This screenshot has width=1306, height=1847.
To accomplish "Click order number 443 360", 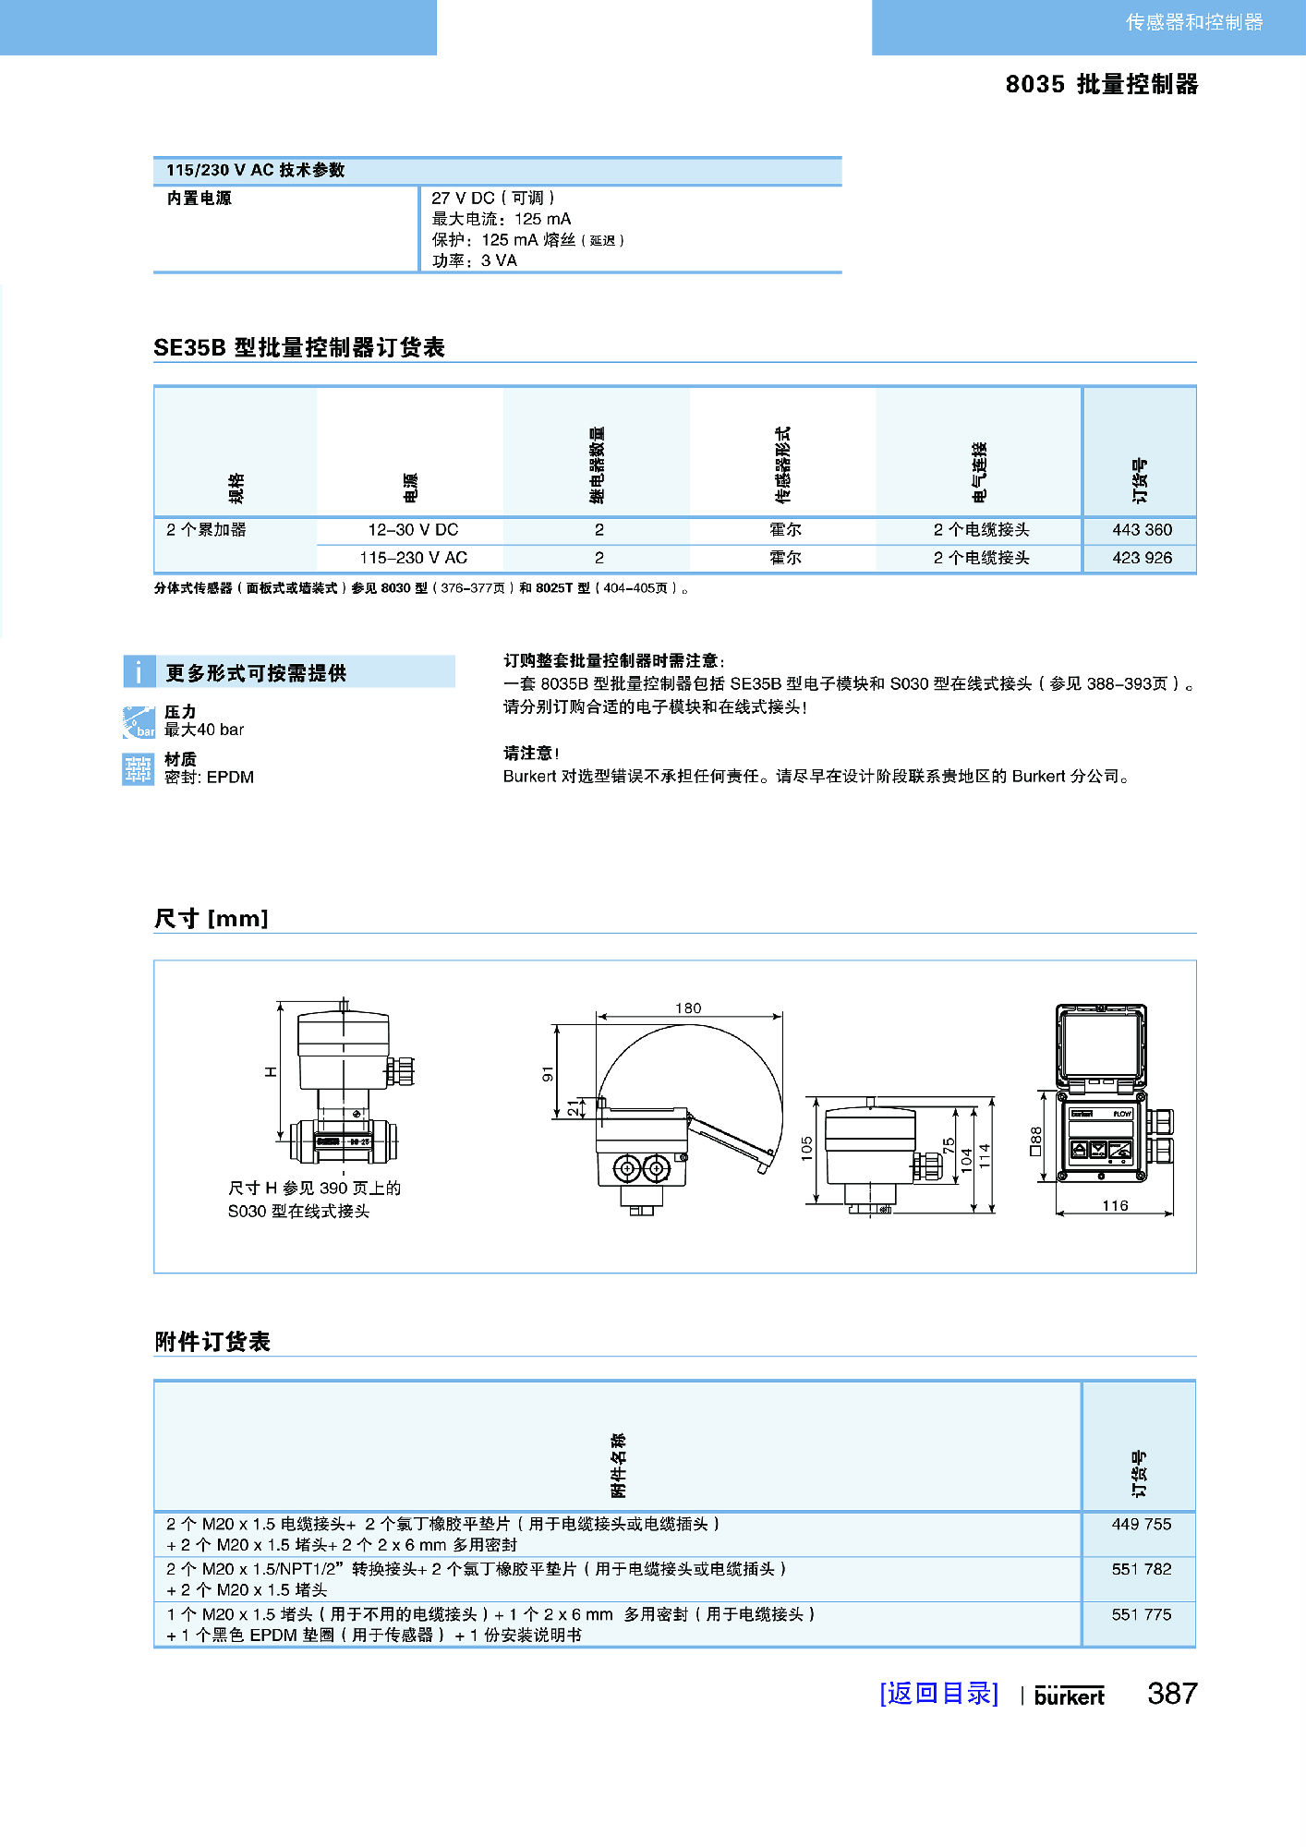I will click(x=1142, y=530).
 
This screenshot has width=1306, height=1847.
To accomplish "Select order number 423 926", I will click(x=1142, y=558).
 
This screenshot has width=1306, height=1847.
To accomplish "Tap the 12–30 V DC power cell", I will click(x=413, y=530).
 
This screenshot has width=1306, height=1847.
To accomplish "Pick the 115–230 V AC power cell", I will click(x=413, y=558).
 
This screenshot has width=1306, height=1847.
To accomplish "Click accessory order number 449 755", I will click(x=1141, y=1525).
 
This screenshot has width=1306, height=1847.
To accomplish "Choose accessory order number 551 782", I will click(x=1141, y=1569).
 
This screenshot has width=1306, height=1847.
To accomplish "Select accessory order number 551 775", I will click(x=1141, y=1614).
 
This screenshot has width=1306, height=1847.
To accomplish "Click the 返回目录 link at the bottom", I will click(x=938, y=1693).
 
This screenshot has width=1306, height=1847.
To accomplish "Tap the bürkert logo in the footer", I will click(x=1069, y=1696).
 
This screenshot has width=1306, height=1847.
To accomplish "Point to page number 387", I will click(x=1172, y=1693).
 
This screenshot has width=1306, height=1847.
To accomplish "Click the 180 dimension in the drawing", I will click(x=688, y=1008).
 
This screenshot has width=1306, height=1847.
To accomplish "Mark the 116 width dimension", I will click(x=1115, y=1205).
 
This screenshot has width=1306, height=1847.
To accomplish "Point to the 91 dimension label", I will click(x=548, y=1073).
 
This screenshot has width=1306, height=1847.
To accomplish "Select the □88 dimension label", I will click(x=1035, y=1140).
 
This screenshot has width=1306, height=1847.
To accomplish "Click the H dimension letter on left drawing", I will click(x=271, y=1071).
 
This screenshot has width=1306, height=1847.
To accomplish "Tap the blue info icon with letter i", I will click(x=139, y=671).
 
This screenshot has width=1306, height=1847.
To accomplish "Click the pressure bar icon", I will click(x=139, y=721).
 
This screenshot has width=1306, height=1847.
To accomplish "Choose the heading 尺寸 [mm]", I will click(x=212, y=918).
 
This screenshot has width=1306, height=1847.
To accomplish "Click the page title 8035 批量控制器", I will click(x=1101, y=84).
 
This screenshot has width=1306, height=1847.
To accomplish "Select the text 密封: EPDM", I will click(x=209, y=778).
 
